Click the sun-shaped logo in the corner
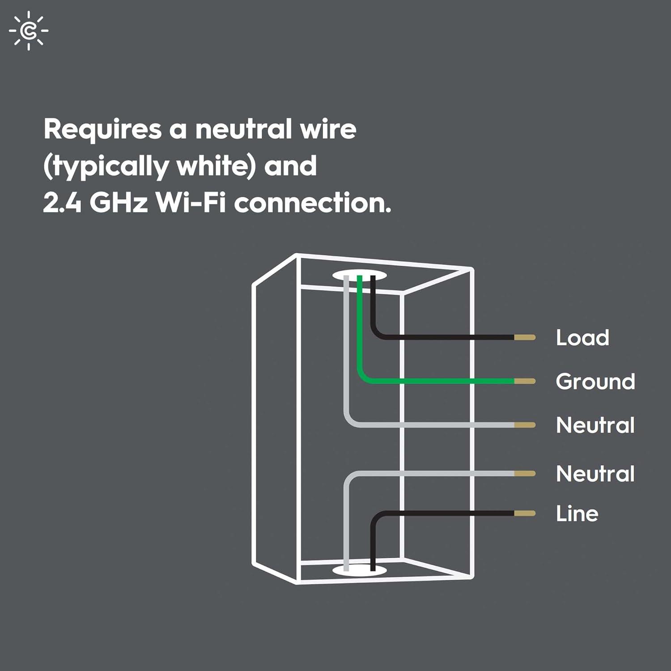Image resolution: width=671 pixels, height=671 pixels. [x=29, y=30]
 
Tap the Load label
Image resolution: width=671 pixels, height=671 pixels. [x=582, y=338]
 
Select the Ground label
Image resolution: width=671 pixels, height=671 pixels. [x=595, y=382]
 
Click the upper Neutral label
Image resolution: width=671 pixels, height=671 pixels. [x=595, y=425]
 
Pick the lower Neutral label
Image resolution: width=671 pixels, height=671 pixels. [x=595, y=474]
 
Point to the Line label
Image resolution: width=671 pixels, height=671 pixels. [x=577, y=514]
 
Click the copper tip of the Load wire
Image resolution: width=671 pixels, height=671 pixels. [x=525, y=337]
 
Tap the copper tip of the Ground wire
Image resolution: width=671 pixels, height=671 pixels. [x=525, y=381]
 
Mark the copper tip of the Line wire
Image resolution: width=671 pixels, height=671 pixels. [x=525, y=514]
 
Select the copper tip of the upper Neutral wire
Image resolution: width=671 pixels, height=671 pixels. [x=525, y=425]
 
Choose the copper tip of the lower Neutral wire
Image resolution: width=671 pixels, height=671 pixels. [x=525, y=473]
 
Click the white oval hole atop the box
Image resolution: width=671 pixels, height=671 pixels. [x=359, y=274]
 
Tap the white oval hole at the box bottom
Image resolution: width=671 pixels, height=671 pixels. [x=359, y=570]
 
